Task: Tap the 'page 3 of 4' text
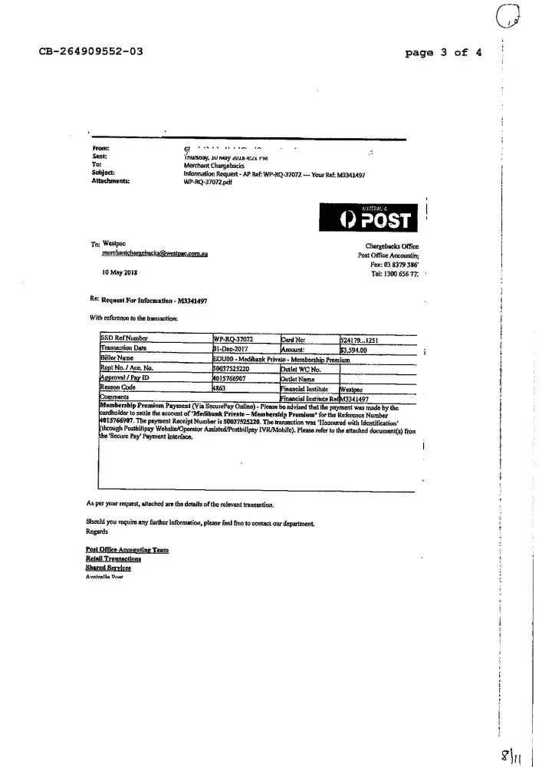point(444,53)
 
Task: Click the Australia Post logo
point(369,218)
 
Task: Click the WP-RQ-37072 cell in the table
point(233,338)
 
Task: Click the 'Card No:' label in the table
point(294,338)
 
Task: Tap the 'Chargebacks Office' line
point(392,245)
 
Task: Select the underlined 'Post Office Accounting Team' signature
point(126,550)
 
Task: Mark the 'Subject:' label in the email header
point(104,173)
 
